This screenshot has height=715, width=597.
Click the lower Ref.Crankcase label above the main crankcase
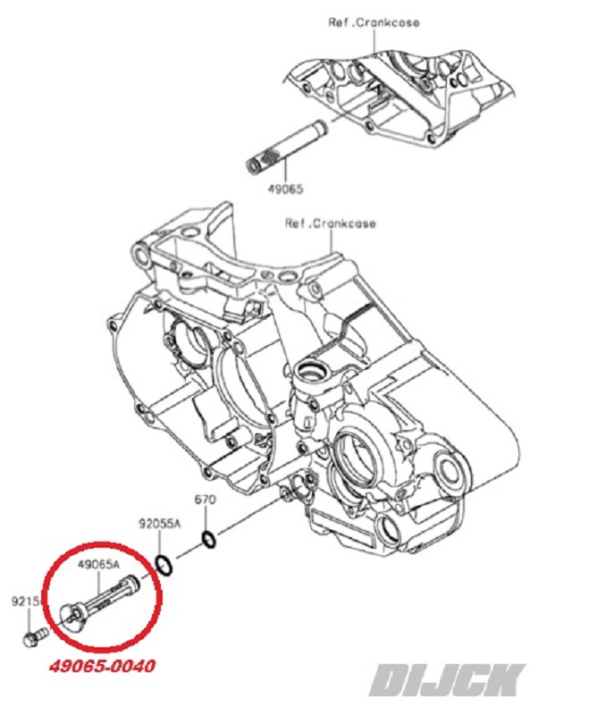tap(331, 223)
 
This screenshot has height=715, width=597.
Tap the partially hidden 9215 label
tap(24, 602)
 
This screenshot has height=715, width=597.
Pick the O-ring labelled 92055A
tap(164, 564)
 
